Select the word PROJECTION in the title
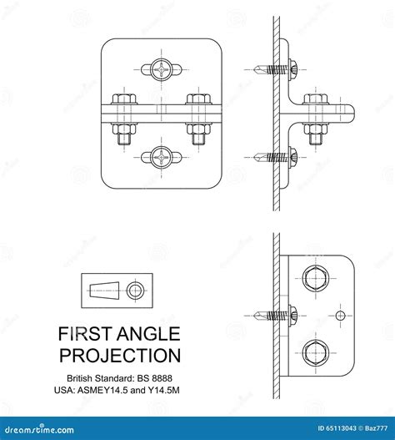[119, 356]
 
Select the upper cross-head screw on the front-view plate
[161, 69]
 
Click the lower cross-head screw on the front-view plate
[161, 156]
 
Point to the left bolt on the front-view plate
[123, 117]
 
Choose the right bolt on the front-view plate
[198, 117]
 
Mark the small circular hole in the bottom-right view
[340, 315]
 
